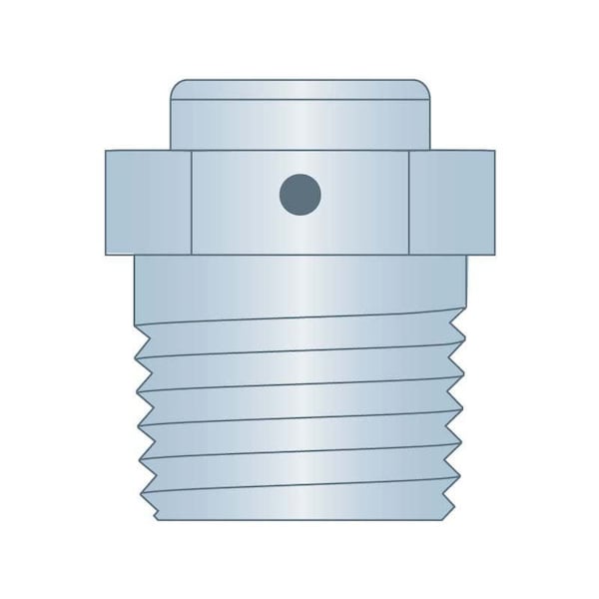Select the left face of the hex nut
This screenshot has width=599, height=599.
coord(147,200)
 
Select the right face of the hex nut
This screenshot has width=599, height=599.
coord(451,200)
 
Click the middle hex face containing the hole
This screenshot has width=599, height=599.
coord(299,220)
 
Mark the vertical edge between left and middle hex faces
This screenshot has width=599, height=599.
coord(191,200)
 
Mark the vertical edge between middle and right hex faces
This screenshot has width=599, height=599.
coord(409,200)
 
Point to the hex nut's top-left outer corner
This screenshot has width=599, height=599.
coord(106,151)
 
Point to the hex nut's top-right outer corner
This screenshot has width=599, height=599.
coord(493,151)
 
